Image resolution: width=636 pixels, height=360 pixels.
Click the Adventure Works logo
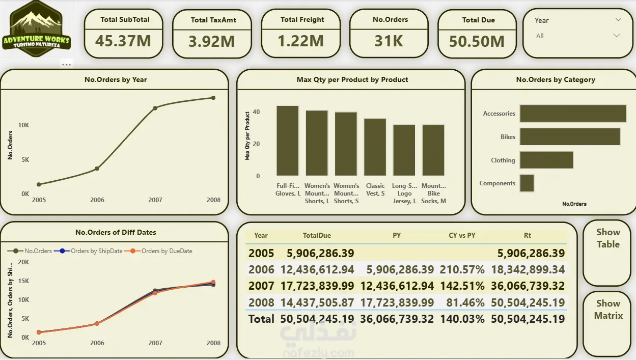(x=36, y=29)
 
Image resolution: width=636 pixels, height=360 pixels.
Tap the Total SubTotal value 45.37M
(x=123, y=41)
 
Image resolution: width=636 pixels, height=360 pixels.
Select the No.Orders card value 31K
(x=389, y=41)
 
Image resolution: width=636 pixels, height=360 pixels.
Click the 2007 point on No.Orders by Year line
(x=155, y=108)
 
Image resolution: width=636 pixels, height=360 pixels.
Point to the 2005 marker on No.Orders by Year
(x=39, y=184)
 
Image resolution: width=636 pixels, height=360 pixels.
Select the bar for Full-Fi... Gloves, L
(x=288, y=141)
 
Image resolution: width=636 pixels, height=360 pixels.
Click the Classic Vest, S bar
(x=375, y=147)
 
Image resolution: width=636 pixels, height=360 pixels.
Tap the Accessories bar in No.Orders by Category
(x=573, y=114)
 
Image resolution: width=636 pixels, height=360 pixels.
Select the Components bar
(x=527, y=183)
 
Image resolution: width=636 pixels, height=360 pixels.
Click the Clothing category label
(x=503, y=160)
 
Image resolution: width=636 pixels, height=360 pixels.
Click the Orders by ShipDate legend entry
(x=88, y=251)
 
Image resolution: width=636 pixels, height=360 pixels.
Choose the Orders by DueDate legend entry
(x=158, y=251)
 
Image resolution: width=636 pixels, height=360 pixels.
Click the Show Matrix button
(x=608, y=310)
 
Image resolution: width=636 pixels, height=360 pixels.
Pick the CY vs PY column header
(x=462, y=235)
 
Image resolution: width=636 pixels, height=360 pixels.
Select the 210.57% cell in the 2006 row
(x=462, y=269)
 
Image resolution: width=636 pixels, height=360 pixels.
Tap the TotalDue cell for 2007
(x=317, y=286)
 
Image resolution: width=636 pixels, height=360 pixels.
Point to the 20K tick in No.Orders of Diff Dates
(x=23, y=262)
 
